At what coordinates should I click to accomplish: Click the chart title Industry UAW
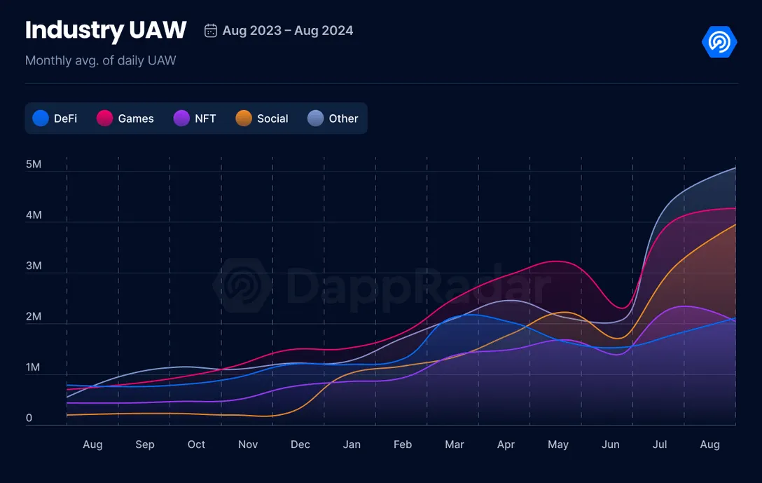click(106, 30)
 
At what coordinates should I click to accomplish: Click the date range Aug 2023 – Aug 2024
click(287, 31)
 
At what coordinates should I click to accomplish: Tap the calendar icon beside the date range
click(210, 31)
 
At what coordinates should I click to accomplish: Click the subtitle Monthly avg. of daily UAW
click(100, 61)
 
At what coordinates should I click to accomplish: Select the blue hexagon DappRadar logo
click(719, 42)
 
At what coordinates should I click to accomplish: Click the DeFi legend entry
click(55, 118)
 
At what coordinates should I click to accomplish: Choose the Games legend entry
click(125, 118)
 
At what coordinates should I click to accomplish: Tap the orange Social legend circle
click(244, 118)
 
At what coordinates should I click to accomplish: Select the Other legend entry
click(333, 118)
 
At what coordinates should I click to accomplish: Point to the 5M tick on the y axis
click(34, 165)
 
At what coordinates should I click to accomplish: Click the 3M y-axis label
click(34, 266)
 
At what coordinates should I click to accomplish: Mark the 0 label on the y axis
click(29, 419)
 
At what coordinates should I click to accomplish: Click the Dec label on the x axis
click(300, 444)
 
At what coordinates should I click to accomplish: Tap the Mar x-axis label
click(455, 444)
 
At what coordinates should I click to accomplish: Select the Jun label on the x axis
click(611, 444)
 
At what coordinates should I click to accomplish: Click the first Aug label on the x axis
click(92, 444)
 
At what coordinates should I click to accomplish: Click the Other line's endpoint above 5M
click(735, 168)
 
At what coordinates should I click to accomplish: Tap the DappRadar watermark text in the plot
click(418, 287)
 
